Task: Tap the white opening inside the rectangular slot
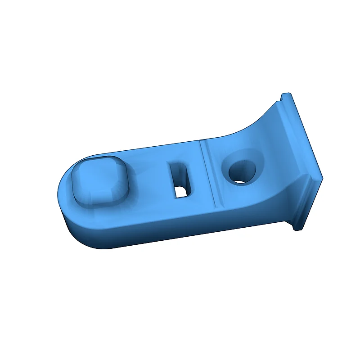[181, 192]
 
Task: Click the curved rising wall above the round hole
[261, 130]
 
